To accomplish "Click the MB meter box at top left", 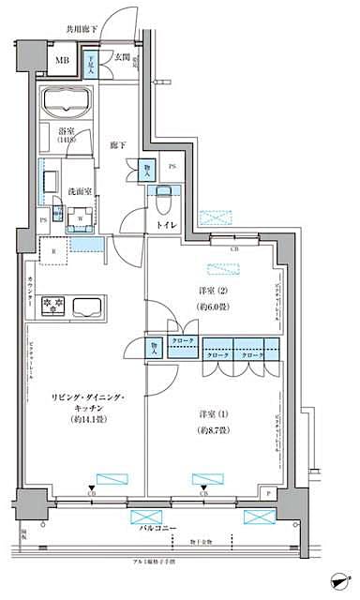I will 62,64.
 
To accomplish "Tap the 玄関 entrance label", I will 124,57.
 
